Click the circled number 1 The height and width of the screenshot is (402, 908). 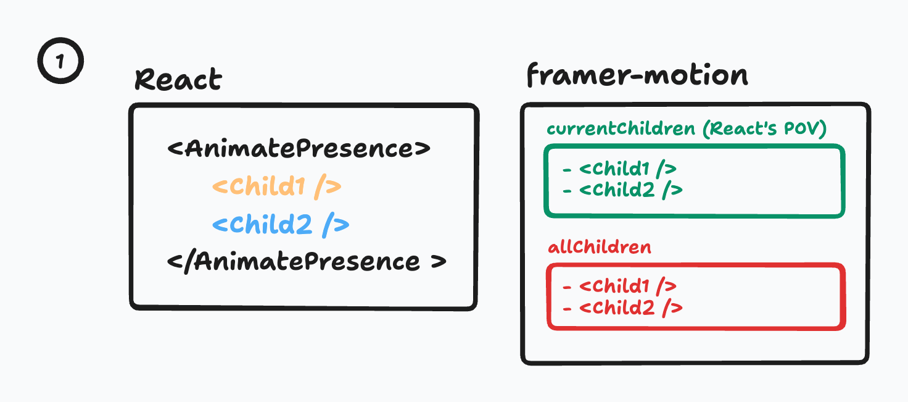click(60, 61)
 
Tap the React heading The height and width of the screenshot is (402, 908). click(178, 79)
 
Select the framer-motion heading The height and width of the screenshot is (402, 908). click(637, 75)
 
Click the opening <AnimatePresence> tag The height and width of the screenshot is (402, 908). click(299, 148)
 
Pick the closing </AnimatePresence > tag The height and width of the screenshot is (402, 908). click(307, 262)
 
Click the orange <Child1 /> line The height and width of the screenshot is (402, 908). click(277, 187)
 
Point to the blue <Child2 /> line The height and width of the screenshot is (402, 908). click(281, 225)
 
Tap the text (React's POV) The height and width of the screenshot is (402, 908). click(764, 129)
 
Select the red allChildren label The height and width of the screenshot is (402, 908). click(600, 247)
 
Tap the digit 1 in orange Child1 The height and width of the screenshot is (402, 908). click(299, 187)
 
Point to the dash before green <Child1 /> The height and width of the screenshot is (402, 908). click(567, 170)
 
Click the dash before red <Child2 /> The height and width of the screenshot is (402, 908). click(567, 309)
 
